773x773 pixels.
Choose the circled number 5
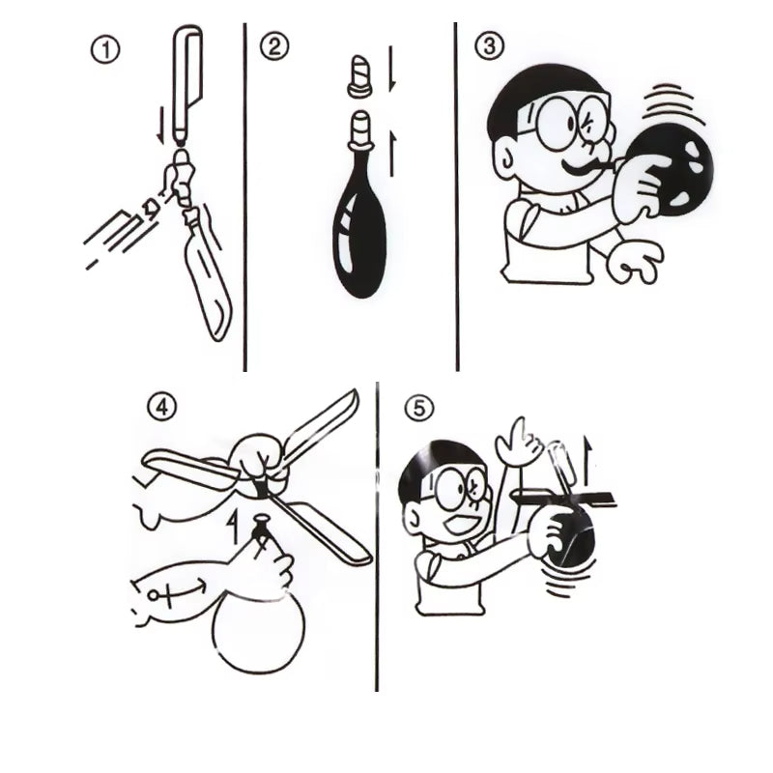(x=417, y=409)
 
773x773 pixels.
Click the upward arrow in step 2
(x=393, y=150)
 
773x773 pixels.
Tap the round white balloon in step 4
(x=258, y=633)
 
